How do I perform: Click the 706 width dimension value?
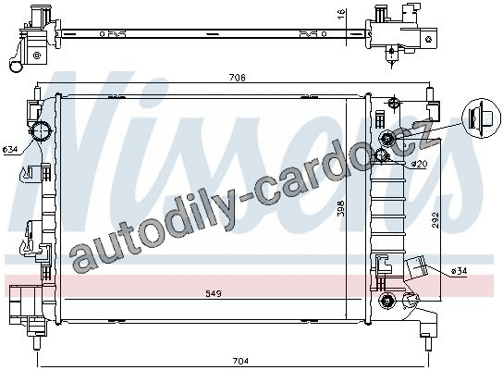(x=238, y=78)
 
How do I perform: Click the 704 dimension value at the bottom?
(x=240, y=361)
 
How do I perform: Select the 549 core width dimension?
(x=214, y=293)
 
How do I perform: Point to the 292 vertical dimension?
(x=435, y=220)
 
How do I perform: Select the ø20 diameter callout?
(x=419, y=164)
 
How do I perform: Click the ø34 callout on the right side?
(x=459, y=271)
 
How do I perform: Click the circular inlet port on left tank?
(x=41, y=131)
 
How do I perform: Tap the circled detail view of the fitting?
(x=481, y=118)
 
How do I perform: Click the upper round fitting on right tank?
(x=386, y=139)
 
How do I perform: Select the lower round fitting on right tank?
(x=386, y=301)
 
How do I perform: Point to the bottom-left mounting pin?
(x=37, y=343)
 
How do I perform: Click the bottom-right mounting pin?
(x=428, y=342)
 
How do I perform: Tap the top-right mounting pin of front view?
(x=429, y=95)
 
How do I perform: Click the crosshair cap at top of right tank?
(x=393, y=104)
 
